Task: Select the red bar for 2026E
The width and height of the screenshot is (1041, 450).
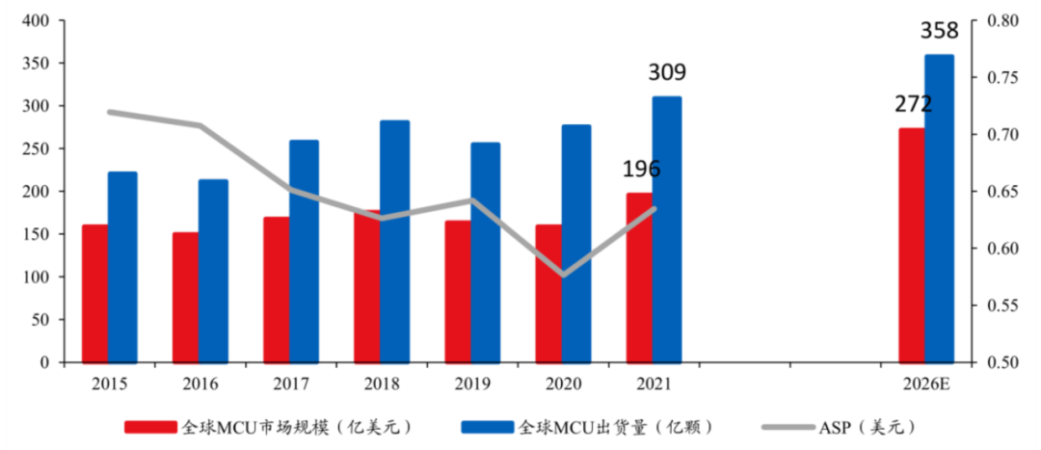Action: coord(912,246)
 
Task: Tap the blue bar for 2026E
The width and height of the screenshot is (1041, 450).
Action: coord(939,209)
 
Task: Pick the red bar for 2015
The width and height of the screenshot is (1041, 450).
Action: coord(94,294)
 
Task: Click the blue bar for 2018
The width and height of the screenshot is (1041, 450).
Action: coord(394,241)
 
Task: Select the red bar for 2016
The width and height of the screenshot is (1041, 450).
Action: coord(185,298)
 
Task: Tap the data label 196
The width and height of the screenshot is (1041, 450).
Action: coord(641,170)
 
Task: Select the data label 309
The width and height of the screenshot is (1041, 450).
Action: coord(667,73)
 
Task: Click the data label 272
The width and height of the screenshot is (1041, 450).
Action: coord(912,104)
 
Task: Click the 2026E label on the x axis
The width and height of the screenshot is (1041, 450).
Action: coord(925,383)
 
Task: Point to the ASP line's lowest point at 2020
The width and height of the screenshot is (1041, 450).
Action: coord(563,275)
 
